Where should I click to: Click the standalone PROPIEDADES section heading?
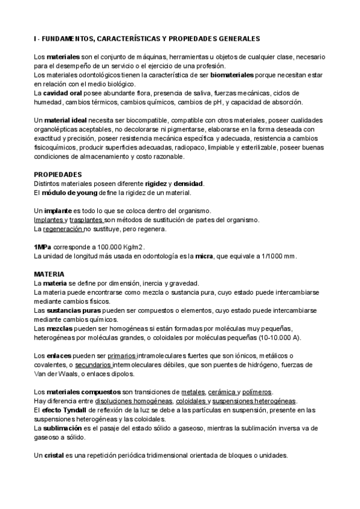58,174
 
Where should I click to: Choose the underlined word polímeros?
257,392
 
